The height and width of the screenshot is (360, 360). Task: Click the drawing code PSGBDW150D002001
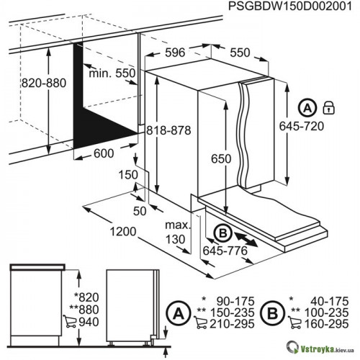290,6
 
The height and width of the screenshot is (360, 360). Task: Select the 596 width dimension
175,53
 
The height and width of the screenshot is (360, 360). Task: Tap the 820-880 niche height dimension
44,83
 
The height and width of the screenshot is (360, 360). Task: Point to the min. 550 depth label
112,73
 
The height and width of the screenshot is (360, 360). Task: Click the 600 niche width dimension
104,153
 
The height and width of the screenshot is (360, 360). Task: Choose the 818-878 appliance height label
168,130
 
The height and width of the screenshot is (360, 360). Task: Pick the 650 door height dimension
221,158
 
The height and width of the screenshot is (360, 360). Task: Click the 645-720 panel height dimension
302,126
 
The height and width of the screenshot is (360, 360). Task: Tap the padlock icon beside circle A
328,107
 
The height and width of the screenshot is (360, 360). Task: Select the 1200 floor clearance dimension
123,232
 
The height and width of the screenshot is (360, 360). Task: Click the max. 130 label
178,233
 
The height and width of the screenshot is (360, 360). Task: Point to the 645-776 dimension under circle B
225,251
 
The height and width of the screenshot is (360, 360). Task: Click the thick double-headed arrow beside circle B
246,238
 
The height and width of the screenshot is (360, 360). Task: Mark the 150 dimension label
128,175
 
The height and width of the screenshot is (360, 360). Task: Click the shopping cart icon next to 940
70,321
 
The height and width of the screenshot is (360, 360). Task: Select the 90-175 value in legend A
235,301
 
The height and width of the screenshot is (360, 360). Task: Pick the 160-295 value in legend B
326,324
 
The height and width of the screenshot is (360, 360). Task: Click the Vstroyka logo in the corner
321,350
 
